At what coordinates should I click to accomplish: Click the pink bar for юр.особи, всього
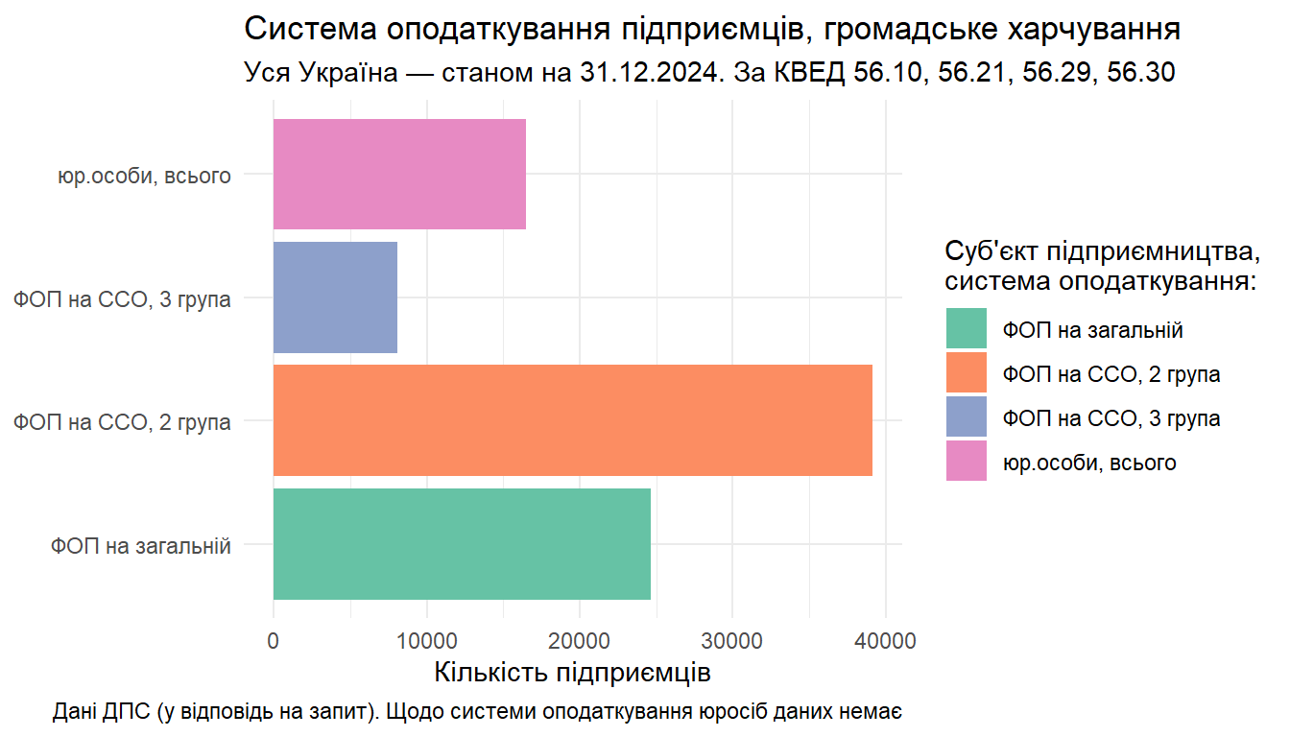coord(399,174)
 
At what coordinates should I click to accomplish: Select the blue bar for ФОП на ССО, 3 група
coord(335,297)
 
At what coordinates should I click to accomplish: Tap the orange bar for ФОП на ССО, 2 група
coord(573,420)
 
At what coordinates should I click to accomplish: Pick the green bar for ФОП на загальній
coord(462,544)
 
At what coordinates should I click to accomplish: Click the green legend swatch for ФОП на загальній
coord(966,329)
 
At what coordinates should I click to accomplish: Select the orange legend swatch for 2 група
coord(966,373)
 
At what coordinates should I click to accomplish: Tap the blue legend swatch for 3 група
coord(966,417)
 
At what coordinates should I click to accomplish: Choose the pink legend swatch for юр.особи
coord(966,462)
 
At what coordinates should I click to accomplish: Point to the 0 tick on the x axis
coord(274,638)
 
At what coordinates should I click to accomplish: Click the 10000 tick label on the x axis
coord(426,638)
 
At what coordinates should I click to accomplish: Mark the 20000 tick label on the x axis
coord(580,638)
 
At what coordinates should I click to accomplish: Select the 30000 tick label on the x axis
coord(732,638)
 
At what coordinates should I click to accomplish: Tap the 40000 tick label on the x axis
coord(885,638)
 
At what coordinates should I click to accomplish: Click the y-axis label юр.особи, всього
coord(144,176)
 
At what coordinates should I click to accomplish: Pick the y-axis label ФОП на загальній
coord(141,546)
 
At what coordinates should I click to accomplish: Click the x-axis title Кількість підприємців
coord(572,671)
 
